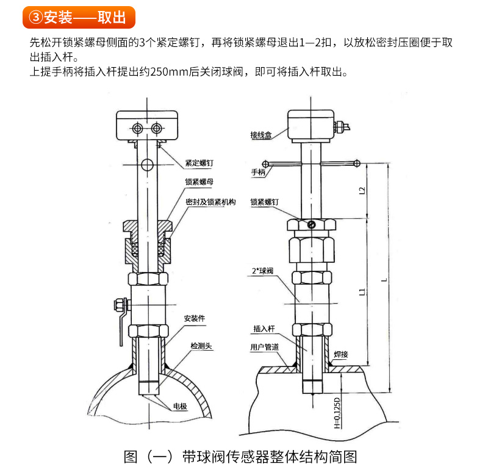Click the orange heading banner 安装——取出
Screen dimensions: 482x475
click(x=79, y=17)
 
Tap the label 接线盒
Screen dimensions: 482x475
click(x=261, y=135)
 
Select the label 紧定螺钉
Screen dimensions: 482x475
click(x=199, y=163)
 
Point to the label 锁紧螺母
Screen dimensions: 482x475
click(x=199, y=182)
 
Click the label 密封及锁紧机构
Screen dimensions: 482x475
click(x=210, y=202)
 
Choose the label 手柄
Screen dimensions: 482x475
click(x=258, y=172)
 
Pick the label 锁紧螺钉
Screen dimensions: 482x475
click(x=264, y=202)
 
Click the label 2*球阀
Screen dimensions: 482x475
click(x=262, y=271)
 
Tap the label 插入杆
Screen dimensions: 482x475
click(x=264, y=329)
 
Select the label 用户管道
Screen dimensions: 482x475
click(x=264, y=347)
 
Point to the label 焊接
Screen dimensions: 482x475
click(x=341, y=354)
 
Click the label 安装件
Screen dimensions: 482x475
click(x=194, y=318)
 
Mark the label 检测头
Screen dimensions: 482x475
click(x=201, y=346)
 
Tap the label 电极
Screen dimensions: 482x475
click(x=180, y=406)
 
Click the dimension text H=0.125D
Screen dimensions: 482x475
click(x=337, y=413)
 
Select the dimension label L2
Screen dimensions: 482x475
click(x=362, y=190)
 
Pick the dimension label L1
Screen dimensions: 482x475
click(x=362, y=292)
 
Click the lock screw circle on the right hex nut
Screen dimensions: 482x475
click(x=311, y=225)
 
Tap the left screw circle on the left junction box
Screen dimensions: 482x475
click(x=137, y=128)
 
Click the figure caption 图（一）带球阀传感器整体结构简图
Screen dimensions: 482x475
click(x=240, y=457)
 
